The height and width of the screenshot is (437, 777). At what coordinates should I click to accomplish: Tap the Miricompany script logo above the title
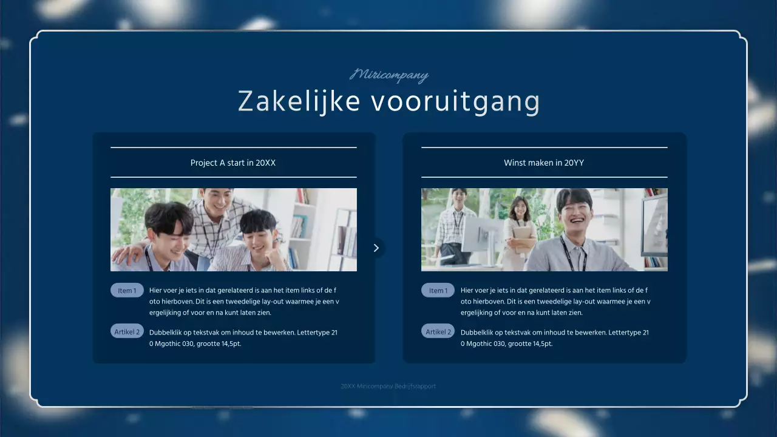pyautogui.click(x=389, y=75)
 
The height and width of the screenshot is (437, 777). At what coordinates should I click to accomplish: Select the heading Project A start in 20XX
pyautogui.click(x=233, y=163)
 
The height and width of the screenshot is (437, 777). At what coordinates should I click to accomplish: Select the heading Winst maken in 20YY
pyautogui.click(x=544, y=163)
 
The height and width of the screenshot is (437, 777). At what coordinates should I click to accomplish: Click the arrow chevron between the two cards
pyautogui.click(x=376, y=248)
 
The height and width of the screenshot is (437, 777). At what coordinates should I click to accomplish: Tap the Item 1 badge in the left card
pyautogui.click(x=127, y=291)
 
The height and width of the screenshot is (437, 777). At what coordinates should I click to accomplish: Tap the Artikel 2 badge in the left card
pyautogui.click(x=127, y=331)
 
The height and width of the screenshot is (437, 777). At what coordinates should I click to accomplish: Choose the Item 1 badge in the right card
pyautogui.click(x=438, y=291)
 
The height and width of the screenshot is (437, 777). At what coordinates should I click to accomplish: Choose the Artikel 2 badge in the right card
pyautogui.click(x=438, y=331)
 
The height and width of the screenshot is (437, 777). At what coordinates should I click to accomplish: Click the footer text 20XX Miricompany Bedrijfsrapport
pyautogui.click(x=388, y=386)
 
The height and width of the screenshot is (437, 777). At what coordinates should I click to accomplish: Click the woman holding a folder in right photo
pyautogui.click(x=520, y=228)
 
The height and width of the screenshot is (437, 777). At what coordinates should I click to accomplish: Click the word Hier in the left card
pyautogui.click(x=156, y=291)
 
